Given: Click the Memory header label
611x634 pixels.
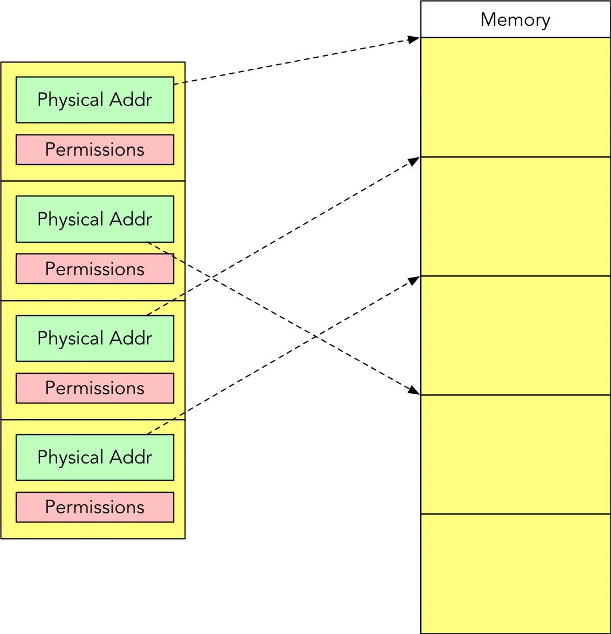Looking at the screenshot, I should click(x=515, y=20).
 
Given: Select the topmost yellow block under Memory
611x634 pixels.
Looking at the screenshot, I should click(x=515, y=97).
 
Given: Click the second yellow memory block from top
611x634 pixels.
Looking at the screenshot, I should click(x=515, y=216).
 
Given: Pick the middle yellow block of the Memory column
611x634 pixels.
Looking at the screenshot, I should click(x=515, y=335).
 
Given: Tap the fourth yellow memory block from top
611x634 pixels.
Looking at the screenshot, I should click(x=515, y=454).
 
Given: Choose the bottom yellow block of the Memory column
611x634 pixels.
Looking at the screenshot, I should click(x=515, y=573).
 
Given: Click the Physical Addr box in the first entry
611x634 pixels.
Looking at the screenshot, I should click(x=94, y=100).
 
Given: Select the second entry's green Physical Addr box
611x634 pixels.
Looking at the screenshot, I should click(x=94, y=219).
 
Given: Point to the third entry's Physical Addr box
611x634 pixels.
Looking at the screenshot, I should click(x=94, y=338).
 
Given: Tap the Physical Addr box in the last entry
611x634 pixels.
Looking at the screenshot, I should click(x=94, y=457).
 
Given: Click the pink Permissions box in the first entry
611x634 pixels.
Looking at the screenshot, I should click(x=94, y=149).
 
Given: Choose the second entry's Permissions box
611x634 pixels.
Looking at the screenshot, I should click(x=94, y=269).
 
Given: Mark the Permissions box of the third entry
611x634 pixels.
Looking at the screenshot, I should click(x=94, y=388).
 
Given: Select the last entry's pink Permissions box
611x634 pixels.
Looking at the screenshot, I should click(x=94, y=507).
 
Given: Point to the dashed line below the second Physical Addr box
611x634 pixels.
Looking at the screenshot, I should click(x=166, y=252).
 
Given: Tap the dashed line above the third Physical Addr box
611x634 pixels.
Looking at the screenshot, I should click(x=166, y=304).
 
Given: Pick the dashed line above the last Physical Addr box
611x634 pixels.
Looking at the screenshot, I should click(x=166, y=423).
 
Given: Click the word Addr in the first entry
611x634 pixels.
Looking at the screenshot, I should click(x=132, y=100).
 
